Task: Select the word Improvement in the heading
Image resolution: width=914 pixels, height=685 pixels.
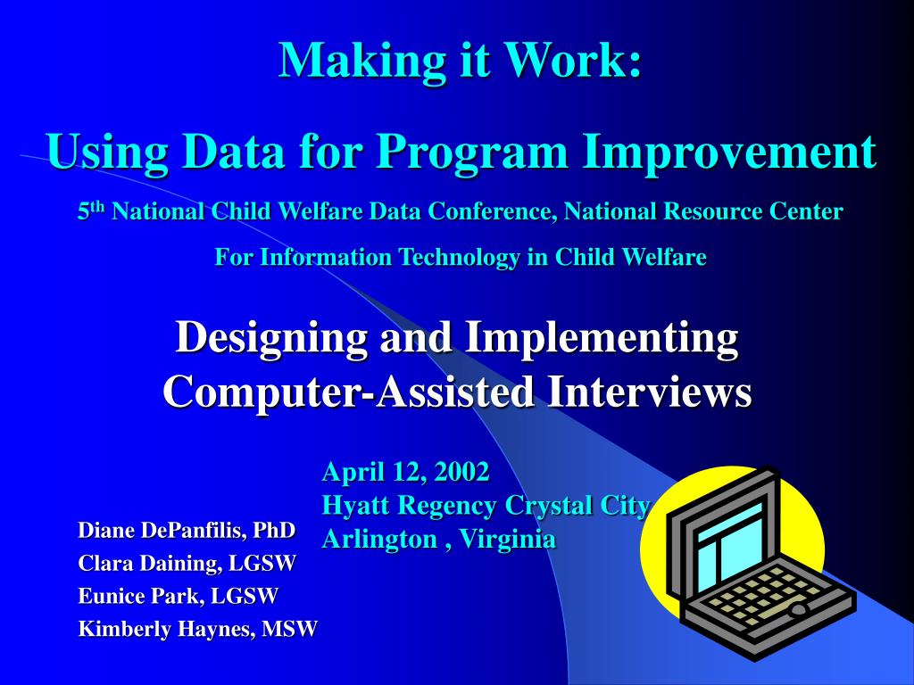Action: [x=730, y=152]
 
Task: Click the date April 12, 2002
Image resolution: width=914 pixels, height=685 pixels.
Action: [x=405, y=471]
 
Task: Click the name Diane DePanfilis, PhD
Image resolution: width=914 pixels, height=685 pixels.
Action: [x=187, y=531]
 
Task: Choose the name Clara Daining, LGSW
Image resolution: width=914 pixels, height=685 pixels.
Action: [x=187, y=563]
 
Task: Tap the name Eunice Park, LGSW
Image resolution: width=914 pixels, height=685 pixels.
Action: [x=178, y=596]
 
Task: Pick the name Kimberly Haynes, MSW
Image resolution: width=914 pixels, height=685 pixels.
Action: [x=197, y=629]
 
